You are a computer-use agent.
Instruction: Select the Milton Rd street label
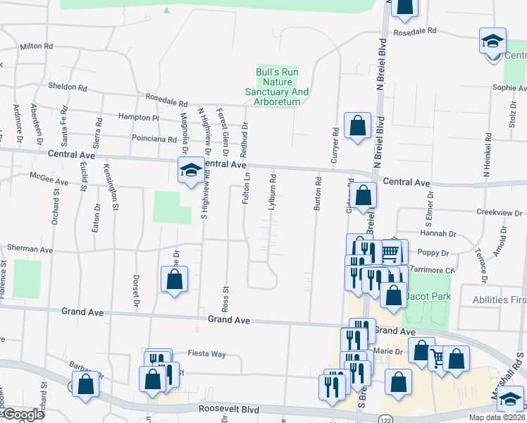(x=37, y=46)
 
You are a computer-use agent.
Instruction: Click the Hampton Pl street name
(x=139, y=118)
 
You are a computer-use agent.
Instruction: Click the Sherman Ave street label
(x=30, y=249)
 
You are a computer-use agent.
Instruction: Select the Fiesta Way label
(x=207, y=354)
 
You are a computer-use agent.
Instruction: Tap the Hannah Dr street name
(x=438, y=233)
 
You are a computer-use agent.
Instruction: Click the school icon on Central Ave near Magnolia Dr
(x=190, y=170)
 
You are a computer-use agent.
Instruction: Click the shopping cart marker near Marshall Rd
(x=440, y=359)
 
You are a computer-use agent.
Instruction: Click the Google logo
(x=24, y=415)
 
